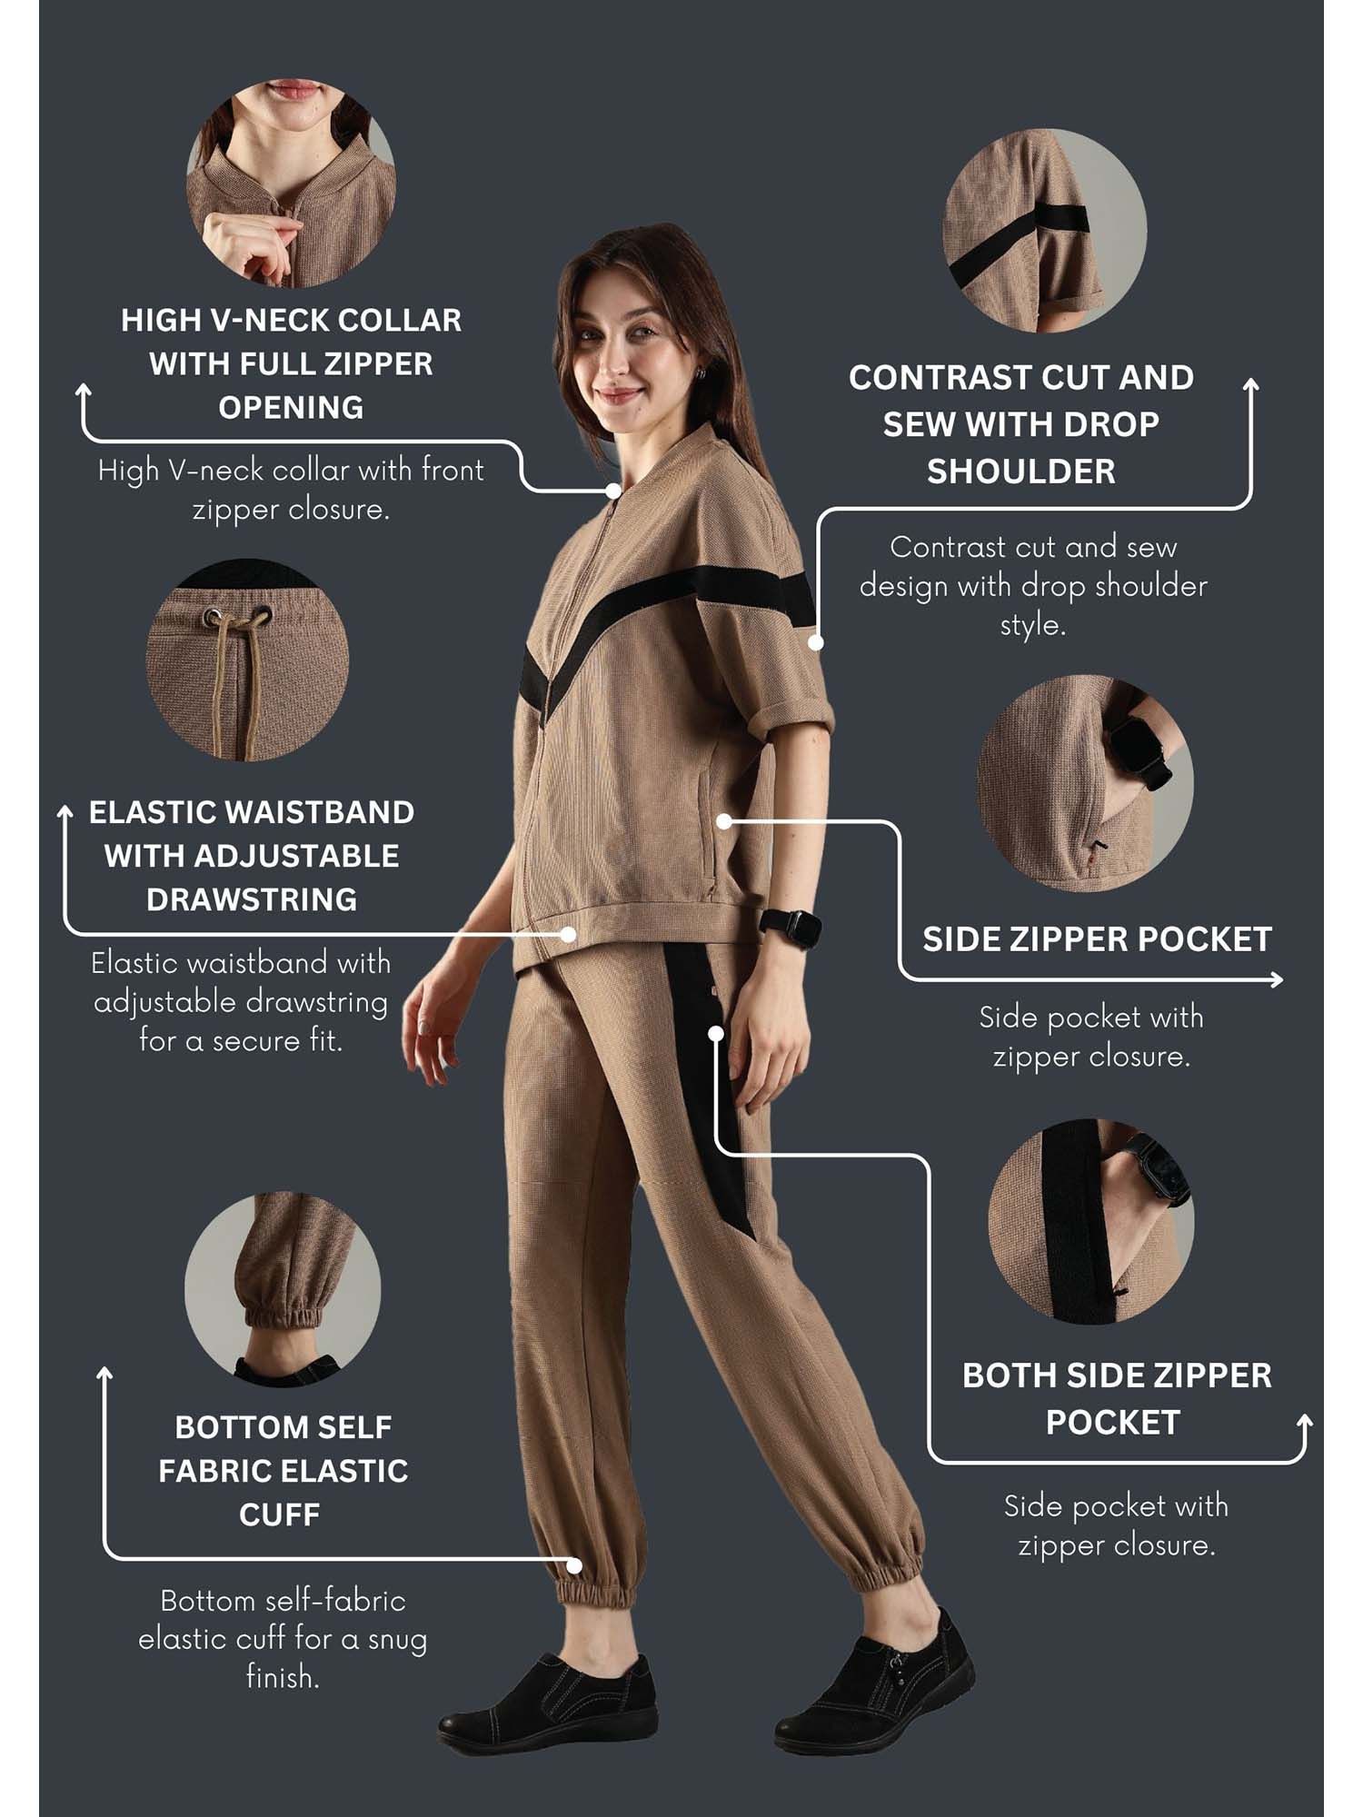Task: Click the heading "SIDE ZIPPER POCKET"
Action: tap(1097, 939)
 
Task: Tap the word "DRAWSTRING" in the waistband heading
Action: tap(252, 899)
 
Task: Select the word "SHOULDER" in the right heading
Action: tap(1020, 472)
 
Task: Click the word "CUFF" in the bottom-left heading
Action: tap(280, 1514)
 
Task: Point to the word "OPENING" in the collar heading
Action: tap(291, 407)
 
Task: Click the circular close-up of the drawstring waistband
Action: tap(247, 660)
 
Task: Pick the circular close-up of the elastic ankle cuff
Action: tap(283, 1289)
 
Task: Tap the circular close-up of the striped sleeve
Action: tap(1045, 230)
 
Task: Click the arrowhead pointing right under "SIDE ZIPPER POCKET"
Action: tap(1277, 979)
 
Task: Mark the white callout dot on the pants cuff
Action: tap(574, 1565)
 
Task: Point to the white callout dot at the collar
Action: tap(613, 491)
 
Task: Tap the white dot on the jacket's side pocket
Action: tap(724, 821)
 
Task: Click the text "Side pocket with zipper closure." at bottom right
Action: tap(1117, 1525)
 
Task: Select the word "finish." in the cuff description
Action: tap(283, 1677)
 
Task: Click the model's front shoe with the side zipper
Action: tap(874, 1683)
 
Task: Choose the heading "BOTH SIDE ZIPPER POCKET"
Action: tap(1117, 1398)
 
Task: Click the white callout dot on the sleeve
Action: tap(816, 642)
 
